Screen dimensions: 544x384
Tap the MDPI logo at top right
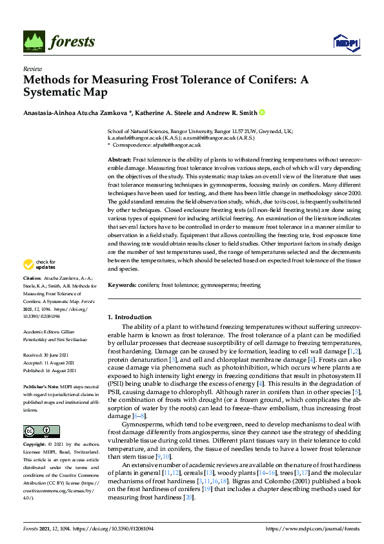[345, 43]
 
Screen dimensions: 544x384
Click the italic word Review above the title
[32, 68]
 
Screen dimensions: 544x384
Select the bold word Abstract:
[119, 159]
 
